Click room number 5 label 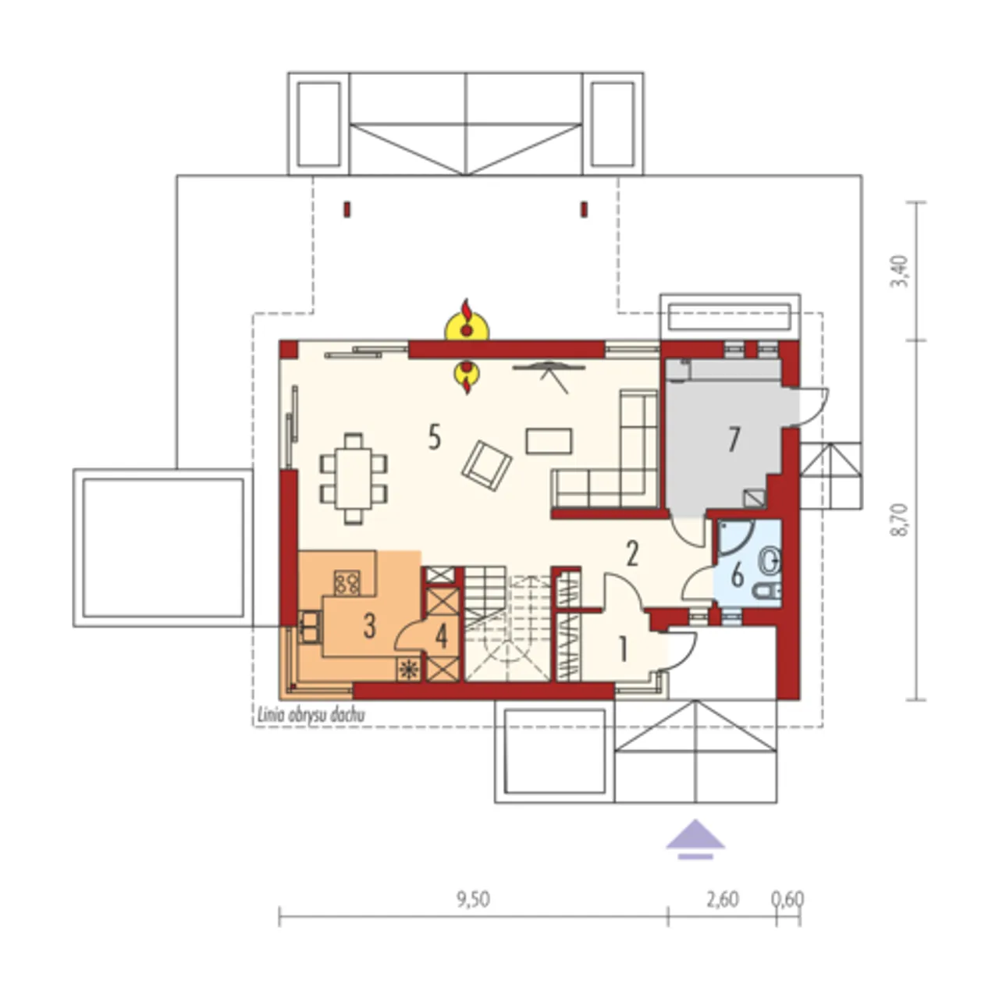click(x=435, y=436)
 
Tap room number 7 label click(x=733, y=439)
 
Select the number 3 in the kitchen click(x=369, y=625)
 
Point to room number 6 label click(x=738, y=575)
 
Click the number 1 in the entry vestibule click(x=623, y=649)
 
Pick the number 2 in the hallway click(x=632, y=553)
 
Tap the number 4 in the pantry click(x=441, y=636)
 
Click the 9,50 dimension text click(x=473, y=899)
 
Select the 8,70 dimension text click(x=901, y=520)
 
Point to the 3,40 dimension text click(x=901, y=271)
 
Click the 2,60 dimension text click(x=723, y=899)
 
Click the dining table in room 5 click(x=354, y=478)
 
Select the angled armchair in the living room click(x=487, y=465)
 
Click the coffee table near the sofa click(x=549, y=441)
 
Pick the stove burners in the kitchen click(x=347, y=582)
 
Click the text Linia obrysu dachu click(x=311, y=715)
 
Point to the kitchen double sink click(x=310, y=627)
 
